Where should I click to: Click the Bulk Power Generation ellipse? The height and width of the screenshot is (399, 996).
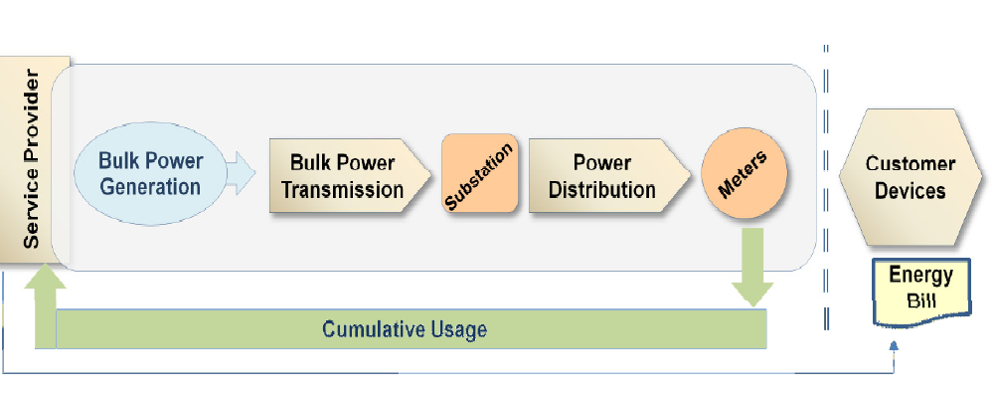pyautogui.click(x=150, y=173)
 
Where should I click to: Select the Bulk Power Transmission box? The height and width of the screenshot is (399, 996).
pyautogui.click(x=348, y=175)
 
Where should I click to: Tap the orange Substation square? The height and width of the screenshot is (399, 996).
pyautogui.click(x=479, y=173)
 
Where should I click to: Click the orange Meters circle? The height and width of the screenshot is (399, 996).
pyautogui.click(x=744, y=173)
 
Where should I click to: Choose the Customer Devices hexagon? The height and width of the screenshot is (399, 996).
pyautogui.click(x=910, y=177)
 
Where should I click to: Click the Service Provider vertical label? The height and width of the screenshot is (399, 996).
pyautogui.click(x=31, y=159)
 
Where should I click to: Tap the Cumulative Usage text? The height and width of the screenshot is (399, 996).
pyautogui.click(x=405, y=329)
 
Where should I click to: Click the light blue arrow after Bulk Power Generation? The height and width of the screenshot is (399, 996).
pyautogui.click(x=241, y=173)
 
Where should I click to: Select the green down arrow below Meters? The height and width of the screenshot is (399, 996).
pyautogui.click(x=752, y=267)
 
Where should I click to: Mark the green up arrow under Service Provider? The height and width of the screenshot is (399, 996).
pyautogui.click(x=45, y=306)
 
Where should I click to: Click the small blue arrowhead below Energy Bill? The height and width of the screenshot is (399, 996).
pyautogui.click(x=894, y=345)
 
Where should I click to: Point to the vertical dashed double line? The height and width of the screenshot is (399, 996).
pyautogui.click(x=826, y=187)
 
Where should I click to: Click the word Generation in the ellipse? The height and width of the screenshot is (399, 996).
pyautogui.click(x=150, y=187)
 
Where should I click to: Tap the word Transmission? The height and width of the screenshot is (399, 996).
pyautogui.click(x=342, y=189)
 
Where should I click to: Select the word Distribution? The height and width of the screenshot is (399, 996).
pyautogui.click(x=601, y=189)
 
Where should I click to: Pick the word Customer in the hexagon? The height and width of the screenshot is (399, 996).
pyautogui.click(x=911, y=164)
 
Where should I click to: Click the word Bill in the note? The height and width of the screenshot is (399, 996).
pyautogui.click(x=921, y=299)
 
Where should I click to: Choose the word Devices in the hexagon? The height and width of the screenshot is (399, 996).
pyautogui.click(x=911, y=191)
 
